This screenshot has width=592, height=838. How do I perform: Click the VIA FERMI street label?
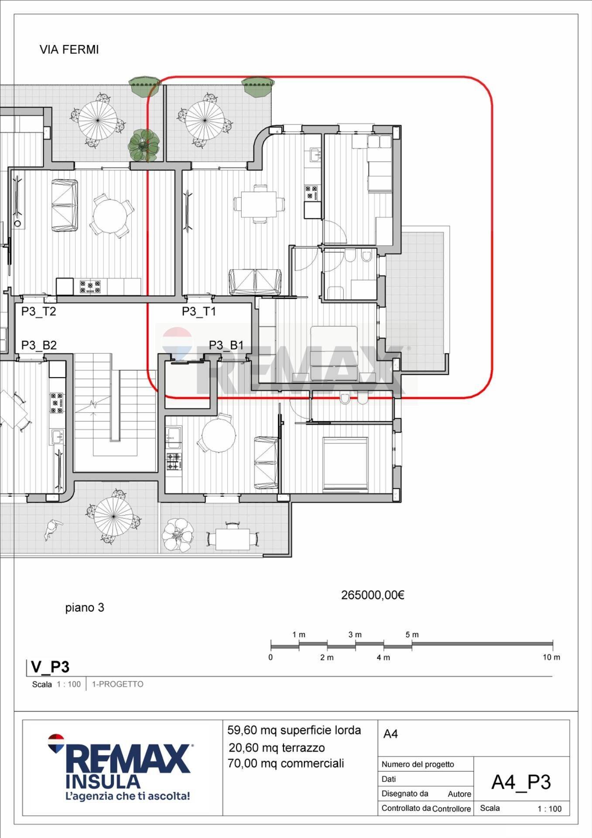(x=69, y=50)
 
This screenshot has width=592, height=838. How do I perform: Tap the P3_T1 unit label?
(x=199, y=311)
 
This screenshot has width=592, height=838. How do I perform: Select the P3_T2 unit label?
(x=39, y=311)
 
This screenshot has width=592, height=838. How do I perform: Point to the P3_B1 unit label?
(x=226, y=345)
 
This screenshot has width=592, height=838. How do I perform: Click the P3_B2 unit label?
(x=39, y=345)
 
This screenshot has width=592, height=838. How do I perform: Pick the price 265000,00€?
(x=373, y=595)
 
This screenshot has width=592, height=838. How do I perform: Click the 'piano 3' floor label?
(x=85, y=608)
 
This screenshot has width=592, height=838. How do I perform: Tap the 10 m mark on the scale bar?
(x=551, y=657)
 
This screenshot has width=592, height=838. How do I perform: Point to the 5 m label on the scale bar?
(x=412, y=635)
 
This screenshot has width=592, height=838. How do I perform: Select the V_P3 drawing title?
(x=50, y=667)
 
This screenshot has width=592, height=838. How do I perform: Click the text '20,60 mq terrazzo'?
(x=277, y=748)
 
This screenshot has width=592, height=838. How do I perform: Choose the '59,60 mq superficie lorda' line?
(x=294, y=730)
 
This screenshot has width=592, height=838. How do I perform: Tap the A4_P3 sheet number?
(x=521, y=782)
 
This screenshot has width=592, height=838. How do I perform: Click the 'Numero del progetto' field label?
(x=417, y=764)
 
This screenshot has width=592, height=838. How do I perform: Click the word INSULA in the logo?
(x=103, y=781)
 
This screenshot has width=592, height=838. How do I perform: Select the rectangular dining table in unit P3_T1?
(x=259, y=204)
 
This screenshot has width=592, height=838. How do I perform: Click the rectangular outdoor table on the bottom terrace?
(x=233, y=539)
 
